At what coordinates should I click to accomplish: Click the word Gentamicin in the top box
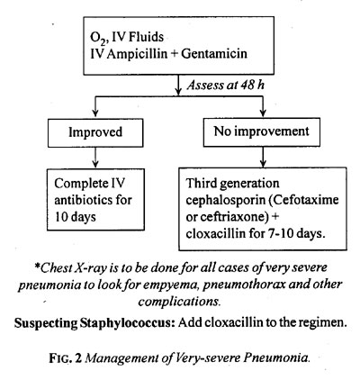(x=214, y=54)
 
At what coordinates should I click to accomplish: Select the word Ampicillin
(x=137, y=54)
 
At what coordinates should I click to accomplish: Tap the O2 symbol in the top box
(x=97, y=38)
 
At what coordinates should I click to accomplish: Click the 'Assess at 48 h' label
(x=225, y=86)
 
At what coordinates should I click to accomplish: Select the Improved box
(x=95, y=132)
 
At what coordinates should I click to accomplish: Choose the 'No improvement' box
(x=262, y=132)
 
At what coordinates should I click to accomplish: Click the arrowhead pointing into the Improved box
(x=95, y=113)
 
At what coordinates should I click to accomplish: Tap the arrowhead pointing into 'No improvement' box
(x=263, y=113)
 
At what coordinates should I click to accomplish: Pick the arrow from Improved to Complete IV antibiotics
(x=95, y=158)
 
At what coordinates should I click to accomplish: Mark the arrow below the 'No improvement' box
(x=263, y=157)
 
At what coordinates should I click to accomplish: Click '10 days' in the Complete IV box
(x=75, y=217)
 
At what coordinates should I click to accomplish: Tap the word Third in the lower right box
(x=202, y=183)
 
